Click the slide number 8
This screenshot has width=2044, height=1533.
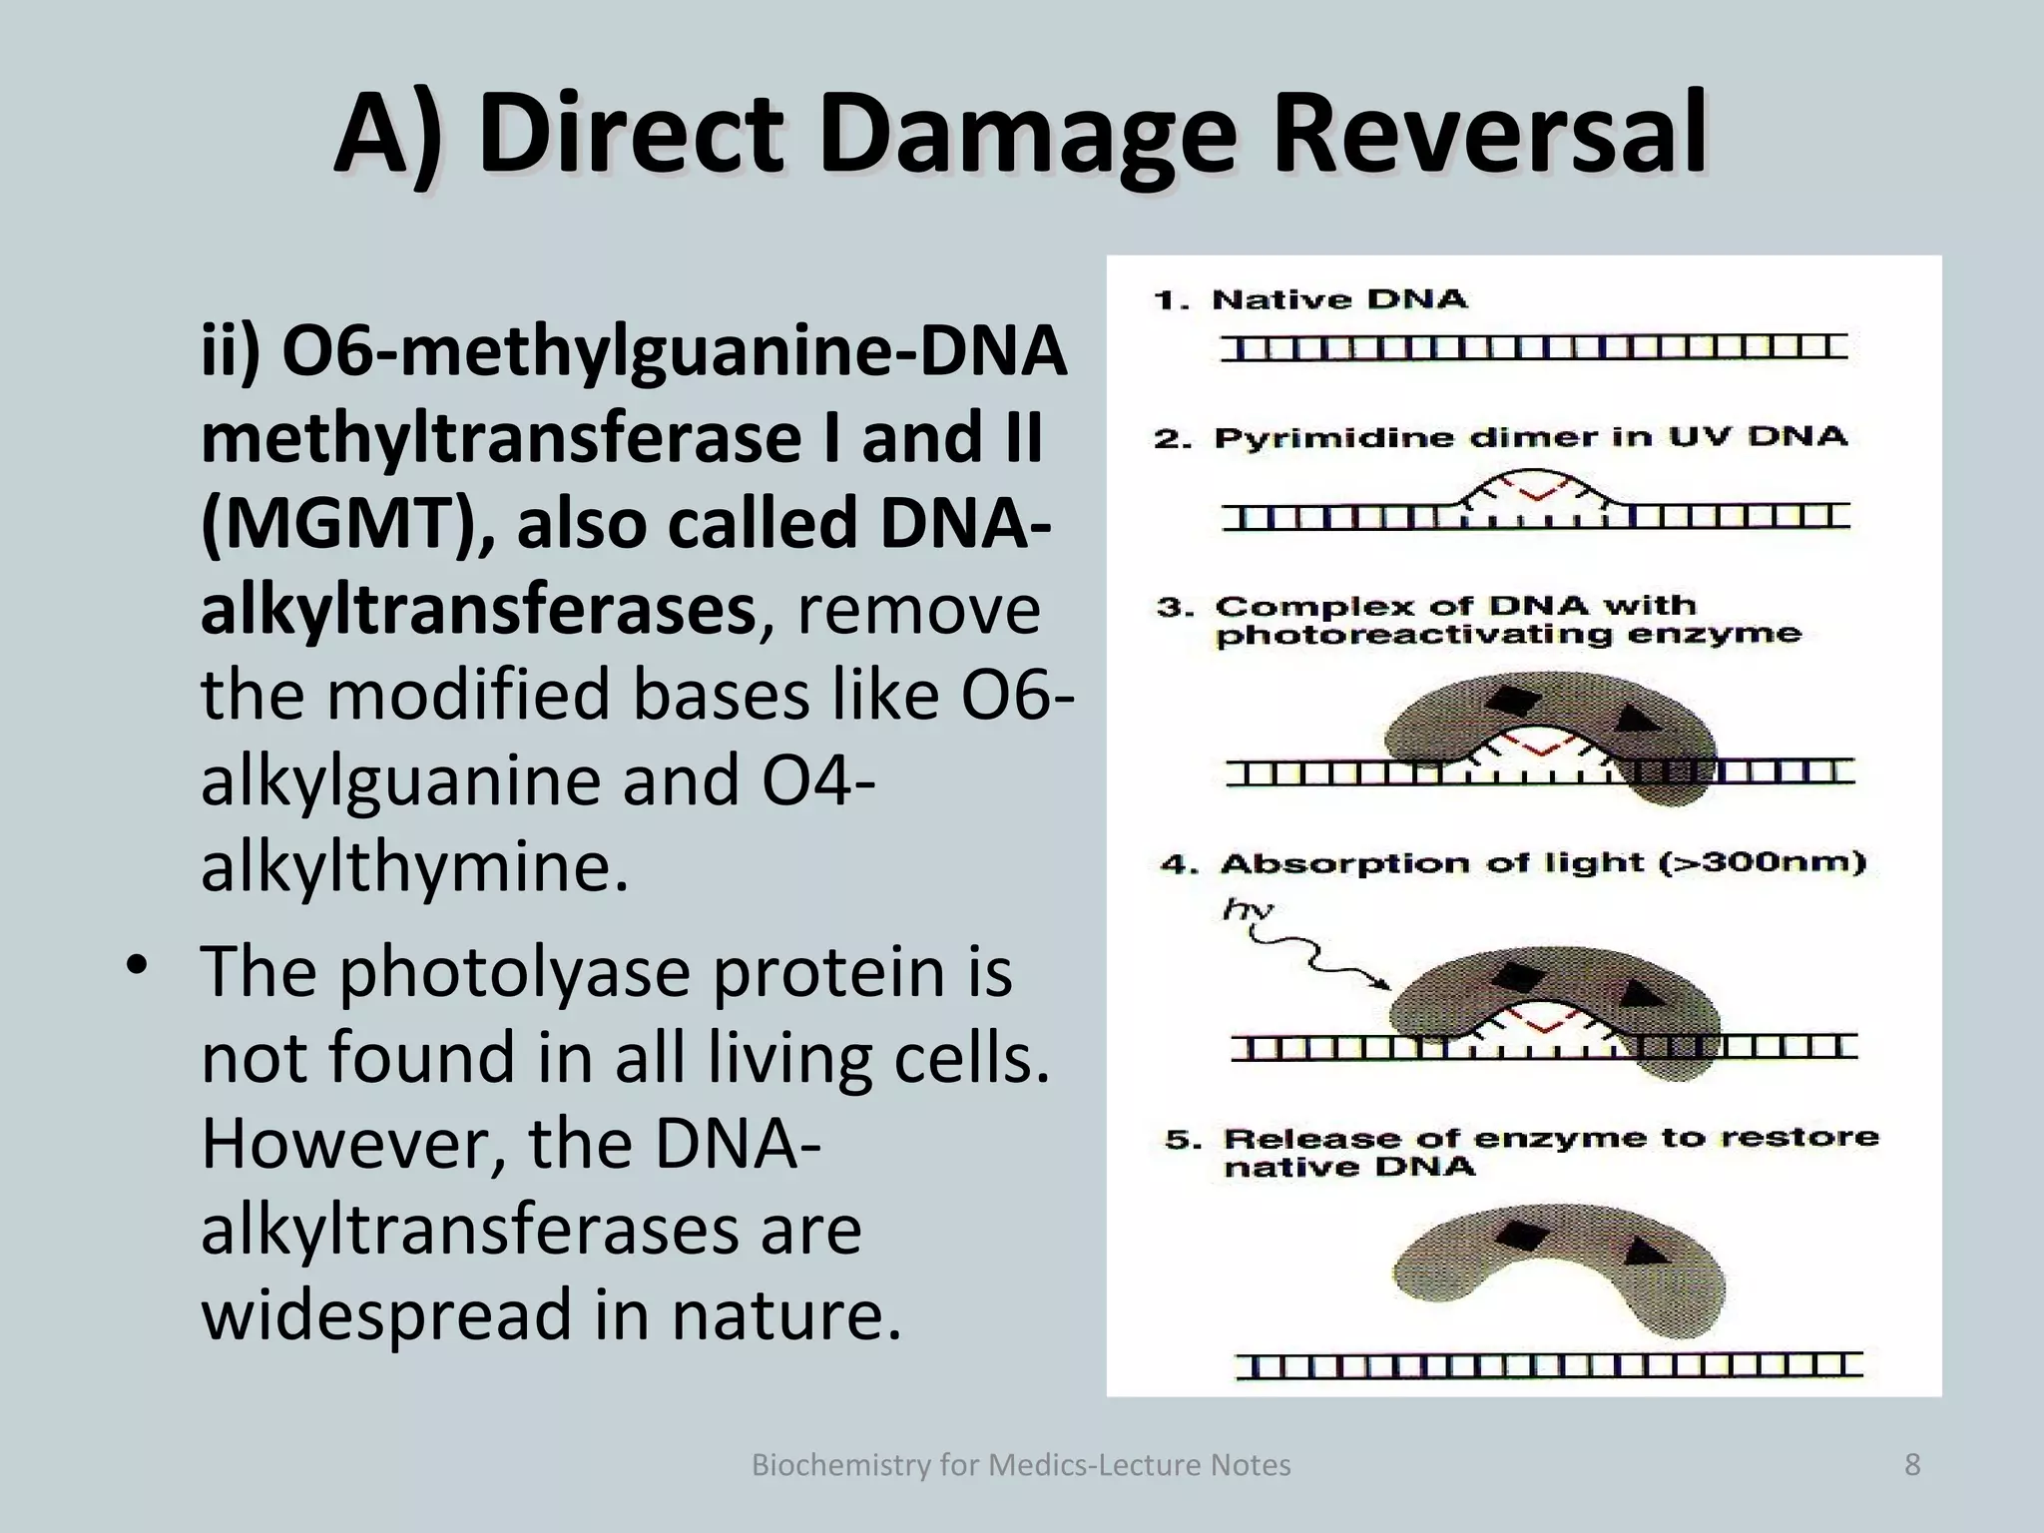1912,1465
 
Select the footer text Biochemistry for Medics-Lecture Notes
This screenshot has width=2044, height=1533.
1020,1465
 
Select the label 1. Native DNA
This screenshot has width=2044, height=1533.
1309,299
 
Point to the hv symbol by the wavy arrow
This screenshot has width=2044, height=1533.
1248,909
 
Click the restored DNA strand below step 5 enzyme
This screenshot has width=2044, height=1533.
1549,1365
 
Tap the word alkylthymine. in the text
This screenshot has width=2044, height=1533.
414,867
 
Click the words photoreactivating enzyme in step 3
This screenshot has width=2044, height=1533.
1508,635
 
